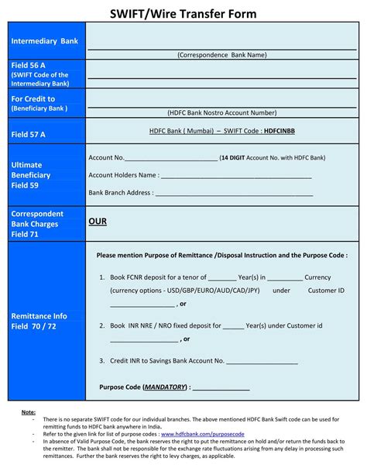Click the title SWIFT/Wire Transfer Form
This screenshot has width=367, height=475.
(183, 14)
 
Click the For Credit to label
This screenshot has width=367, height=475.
(33, 99)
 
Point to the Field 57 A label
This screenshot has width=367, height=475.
(29, 134)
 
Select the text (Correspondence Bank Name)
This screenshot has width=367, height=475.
(221, 55)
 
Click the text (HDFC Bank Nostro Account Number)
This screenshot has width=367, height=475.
(221, 114)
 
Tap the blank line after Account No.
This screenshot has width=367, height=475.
(171, 159)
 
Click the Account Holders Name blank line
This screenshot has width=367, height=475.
(237, 177)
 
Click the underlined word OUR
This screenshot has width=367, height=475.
(97, 222)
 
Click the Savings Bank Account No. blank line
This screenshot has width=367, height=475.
(262, 362)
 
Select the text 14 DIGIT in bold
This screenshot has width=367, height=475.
(234, 158)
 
